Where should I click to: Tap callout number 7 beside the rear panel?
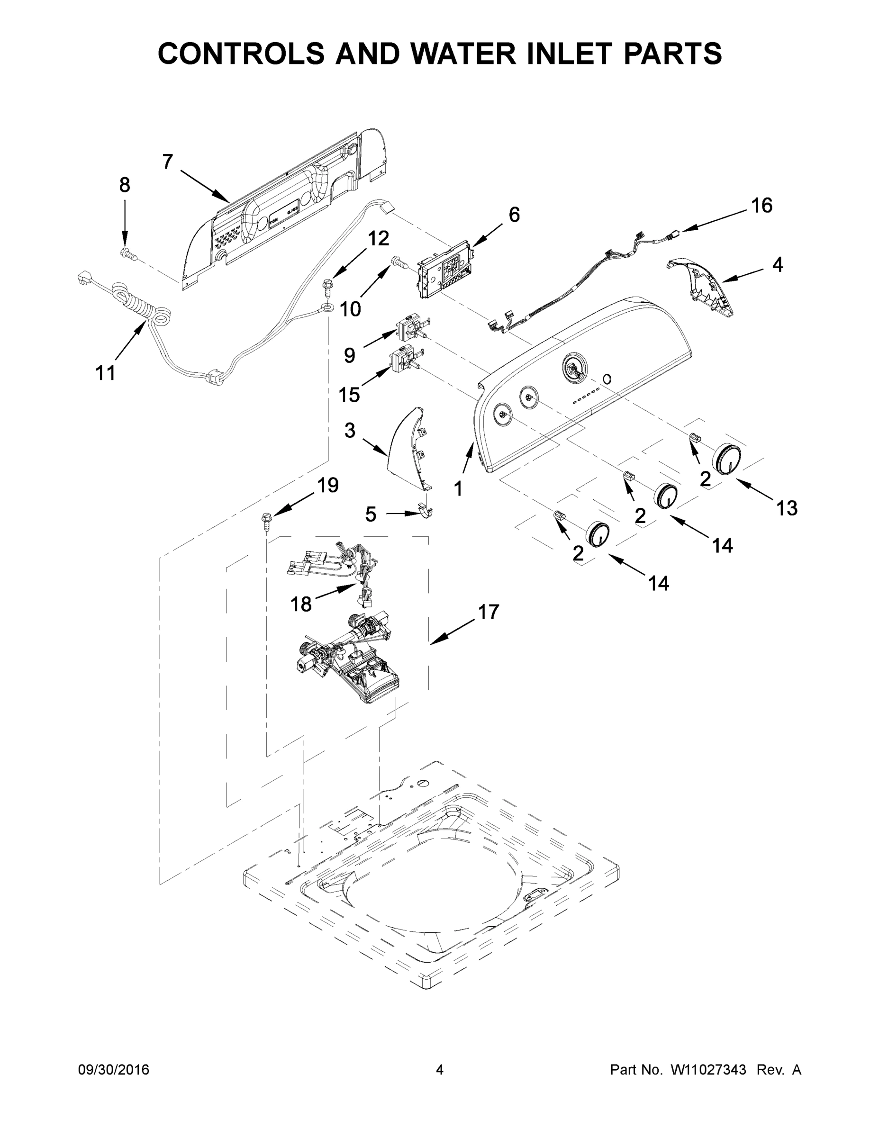[x=167, y=162]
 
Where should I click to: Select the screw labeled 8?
[x=128, y=253]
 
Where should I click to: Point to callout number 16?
[x=761, y=206]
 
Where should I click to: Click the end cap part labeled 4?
[x=703, y=289]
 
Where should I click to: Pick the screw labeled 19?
[x=267, y=520]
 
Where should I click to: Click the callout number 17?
[x=488, y=612]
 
